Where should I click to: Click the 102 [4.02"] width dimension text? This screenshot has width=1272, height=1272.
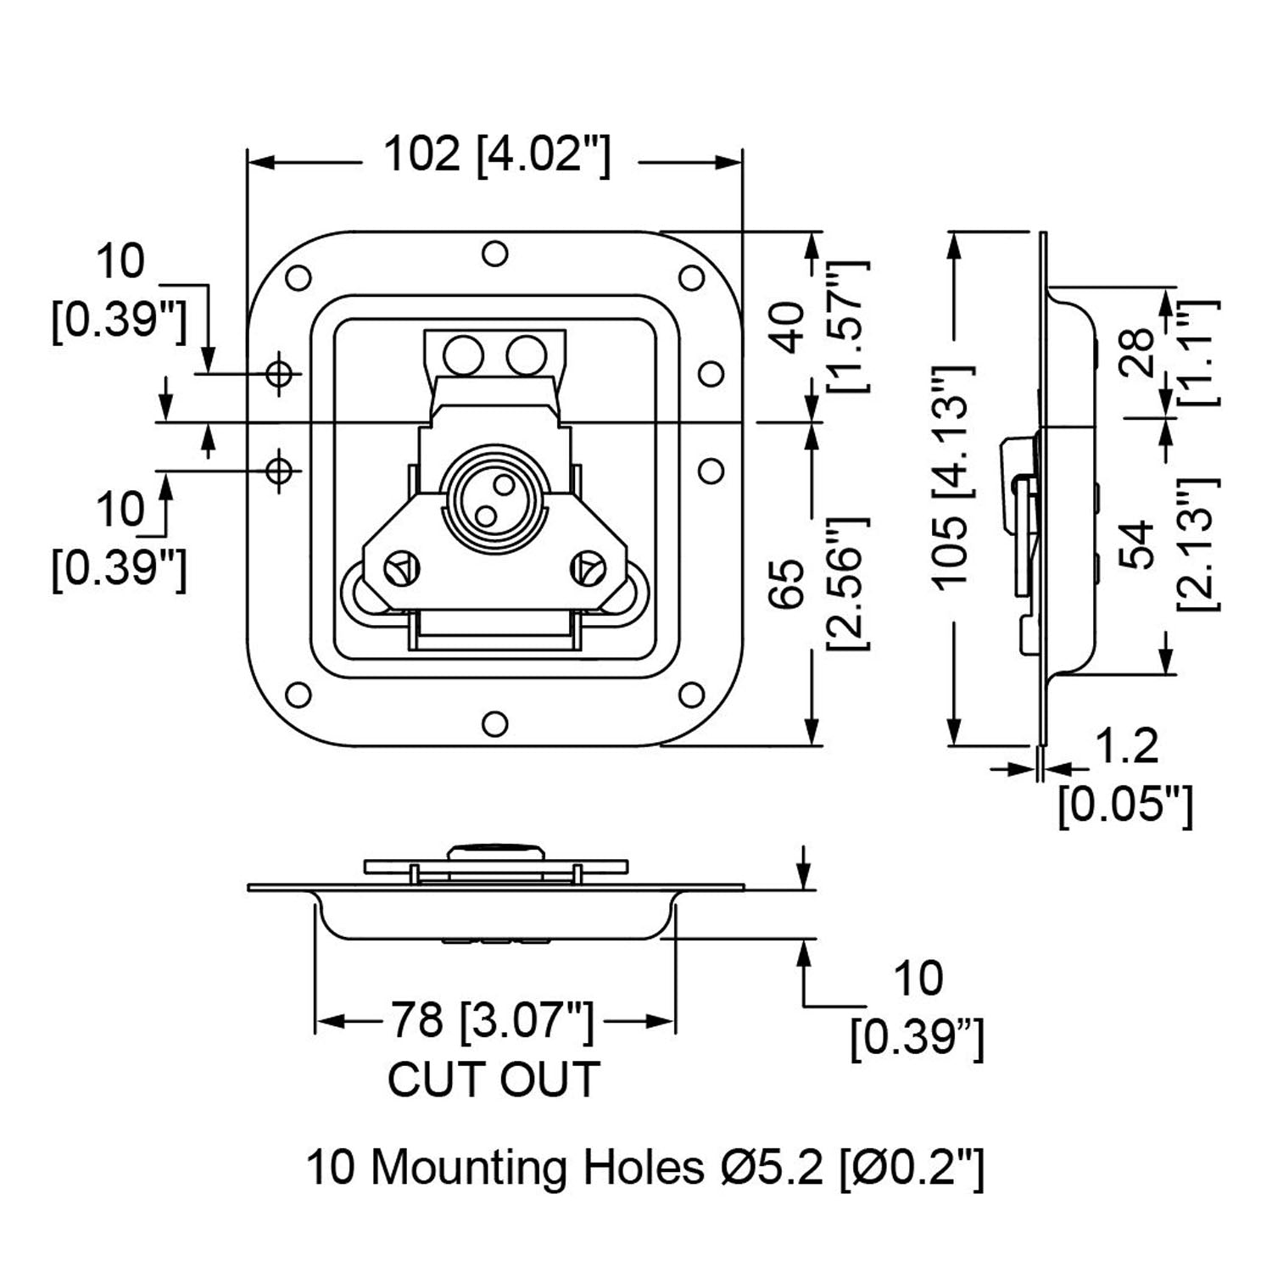[x=497, y=155]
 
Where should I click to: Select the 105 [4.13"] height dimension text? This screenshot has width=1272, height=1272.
[x=954, y=475]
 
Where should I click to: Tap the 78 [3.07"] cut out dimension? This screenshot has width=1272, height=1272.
[x=492, y=1019]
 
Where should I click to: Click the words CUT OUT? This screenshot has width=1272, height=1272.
[x=494, y=1080]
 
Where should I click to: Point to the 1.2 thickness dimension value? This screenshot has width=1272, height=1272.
[x=1126, y=746]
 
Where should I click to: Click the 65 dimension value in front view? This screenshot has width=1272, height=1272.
[x=789, y=583]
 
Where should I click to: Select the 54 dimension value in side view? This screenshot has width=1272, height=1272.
[x=1136, y=544]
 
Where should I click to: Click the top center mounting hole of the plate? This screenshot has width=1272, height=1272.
[x=494, y=254]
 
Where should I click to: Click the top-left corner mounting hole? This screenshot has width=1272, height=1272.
[x=298, y=277]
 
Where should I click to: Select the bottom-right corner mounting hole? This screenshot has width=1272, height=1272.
[x=691, y=695]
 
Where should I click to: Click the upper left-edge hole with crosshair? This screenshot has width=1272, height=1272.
[x=279, y=372]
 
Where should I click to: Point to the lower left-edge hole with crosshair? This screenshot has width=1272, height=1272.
[x=279, y=469]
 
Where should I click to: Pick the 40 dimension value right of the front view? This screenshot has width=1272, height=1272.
[x=789, y=326]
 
